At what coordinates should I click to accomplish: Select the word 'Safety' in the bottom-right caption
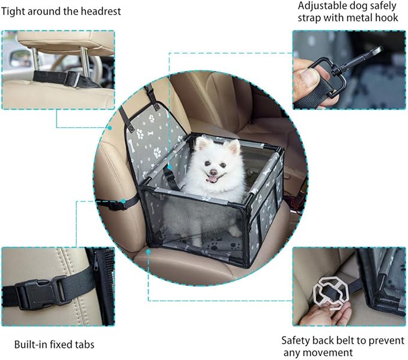pyautogui.click(x=296, y=340)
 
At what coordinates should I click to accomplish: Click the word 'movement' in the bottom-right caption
pyautogui.click(x=330, y=352)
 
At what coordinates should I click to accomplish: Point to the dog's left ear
pyautogui.click(x=232, y=146)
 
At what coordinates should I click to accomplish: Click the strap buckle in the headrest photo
pyautogui.click(x=72, y=78)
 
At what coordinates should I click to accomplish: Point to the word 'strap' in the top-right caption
pyautogui.click(x=312, y=17)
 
